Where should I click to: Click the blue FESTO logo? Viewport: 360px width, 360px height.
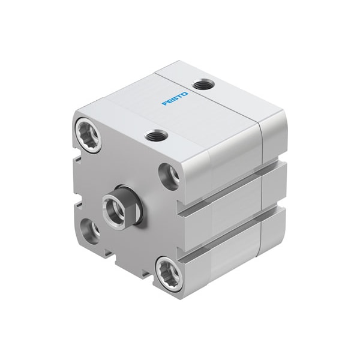(x=175, y=98)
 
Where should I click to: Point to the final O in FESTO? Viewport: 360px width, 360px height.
(x=185, y=92)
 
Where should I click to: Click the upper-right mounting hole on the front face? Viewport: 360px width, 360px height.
(x=169, y=175)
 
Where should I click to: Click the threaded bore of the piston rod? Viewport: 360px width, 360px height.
(x=112, y=208)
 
